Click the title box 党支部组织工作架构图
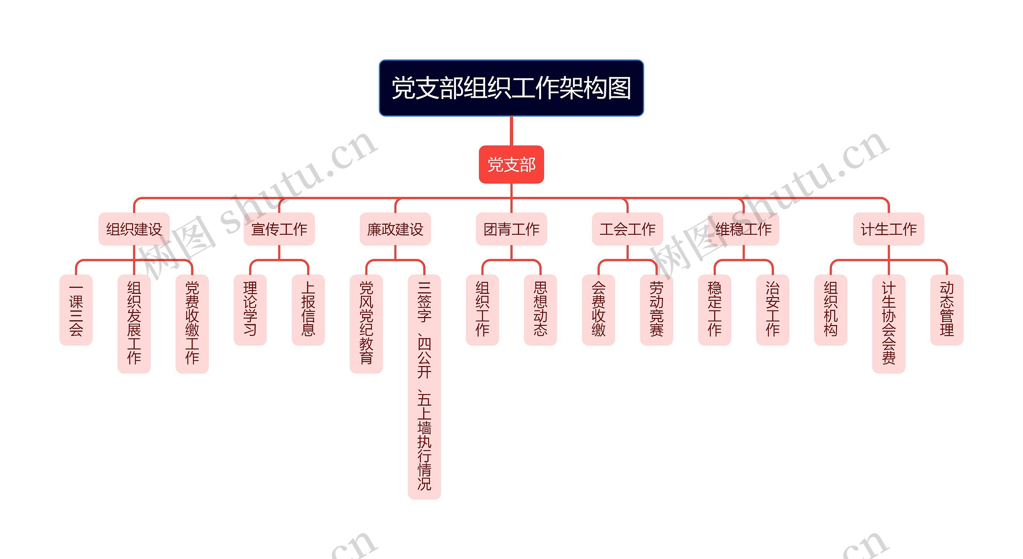click(511, 88)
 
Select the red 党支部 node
click(511, 165)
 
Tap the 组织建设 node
click(134, 229)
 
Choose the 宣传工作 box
click(279, 229)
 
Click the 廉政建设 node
click(395, 229)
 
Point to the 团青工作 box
click(511, 229)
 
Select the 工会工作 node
click(627, 229)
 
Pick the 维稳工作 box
click(743, 229)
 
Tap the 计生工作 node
click(888, 229)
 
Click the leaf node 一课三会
click(76, 309)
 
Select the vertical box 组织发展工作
click(134, 323)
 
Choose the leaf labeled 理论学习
click(250, 309)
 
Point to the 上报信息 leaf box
click(308, 309)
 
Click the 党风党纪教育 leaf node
click(366, 323)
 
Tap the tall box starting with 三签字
click(424, 387)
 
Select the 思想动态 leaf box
click(540, 309)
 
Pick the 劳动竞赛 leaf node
click(656, 309)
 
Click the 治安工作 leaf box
click(772, 309)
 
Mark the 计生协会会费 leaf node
click(888, 323)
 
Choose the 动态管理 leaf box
click(947, 309)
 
